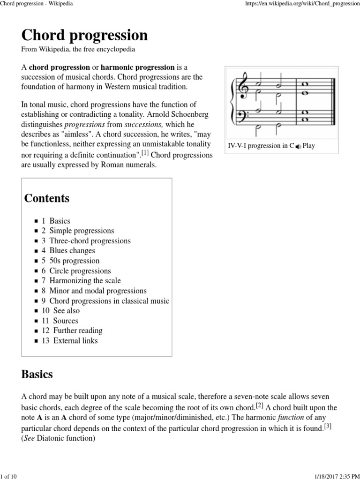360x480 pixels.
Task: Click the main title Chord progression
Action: point(84,35)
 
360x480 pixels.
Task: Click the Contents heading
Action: point(47,198)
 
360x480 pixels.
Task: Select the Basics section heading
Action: point(37,375)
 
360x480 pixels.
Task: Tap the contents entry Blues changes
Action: point(72,251)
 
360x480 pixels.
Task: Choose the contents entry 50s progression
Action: point(74,261)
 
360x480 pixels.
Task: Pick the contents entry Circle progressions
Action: point(80,271)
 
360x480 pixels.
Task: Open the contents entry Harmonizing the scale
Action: point(85,281)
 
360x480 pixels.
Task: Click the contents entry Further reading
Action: point(77,330)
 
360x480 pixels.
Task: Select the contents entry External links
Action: point(75,341)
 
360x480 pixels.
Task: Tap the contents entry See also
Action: point(66,311)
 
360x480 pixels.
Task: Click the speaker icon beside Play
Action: point(298,146)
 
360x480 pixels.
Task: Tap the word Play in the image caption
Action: point(309,146)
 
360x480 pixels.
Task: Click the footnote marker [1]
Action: point(145,153)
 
